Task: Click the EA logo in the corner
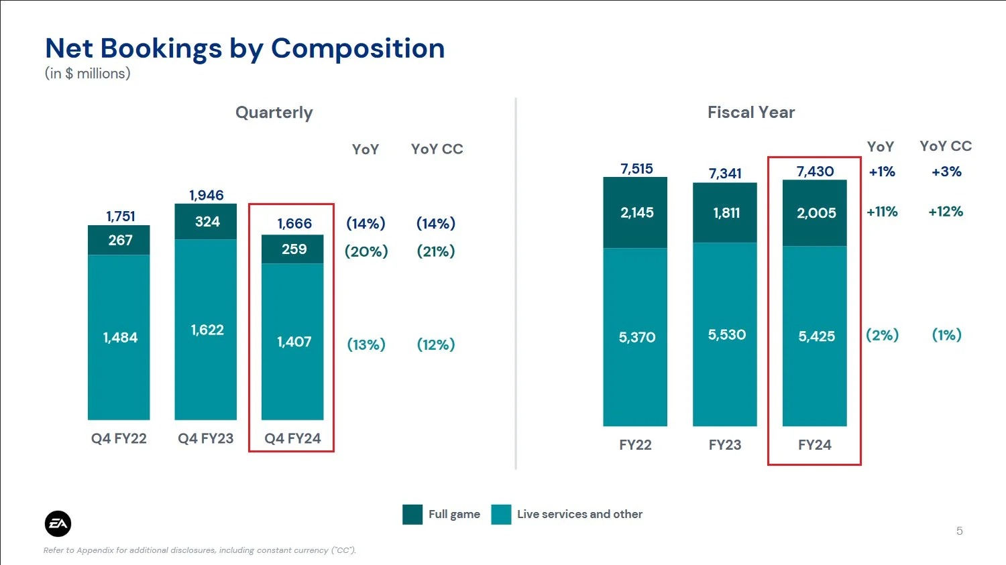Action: (x=58, y=524)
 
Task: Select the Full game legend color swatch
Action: (x=412, y=514)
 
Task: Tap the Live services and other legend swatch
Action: (x=501, y=514)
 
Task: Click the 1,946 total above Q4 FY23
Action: (x=206, y=195)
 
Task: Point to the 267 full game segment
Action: (x=120, y=240)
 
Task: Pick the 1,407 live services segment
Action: (x=294, y=342)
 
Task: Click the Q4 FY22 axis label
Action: (x=119, y=438)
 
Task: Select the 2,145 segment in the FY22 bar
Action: (x=636, y=212)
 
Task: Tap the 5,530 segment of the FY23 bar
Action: (x=726, y=334)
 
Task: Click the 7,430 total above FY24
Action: (x=815, y=171)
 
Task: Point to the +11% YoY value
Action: (x=882, y=212)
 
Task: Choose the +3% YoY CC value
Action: (x=946, y=172)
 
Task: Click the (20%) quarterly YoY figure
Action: (x=366, y=251)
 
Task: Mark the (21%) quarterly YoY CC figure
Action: (x=436, y=251)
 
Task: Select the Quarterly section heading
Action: (x=274, y=113)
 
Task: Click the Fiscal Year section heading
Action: (x=751, y=113)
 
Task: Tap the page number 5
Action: (x=959, y=531)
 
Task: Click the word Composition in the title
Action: (x=357, y=48)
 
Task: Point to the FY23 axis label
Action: (x=725, y=445)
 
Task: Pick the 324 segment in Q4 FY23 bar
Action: (x=207, y=222)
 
